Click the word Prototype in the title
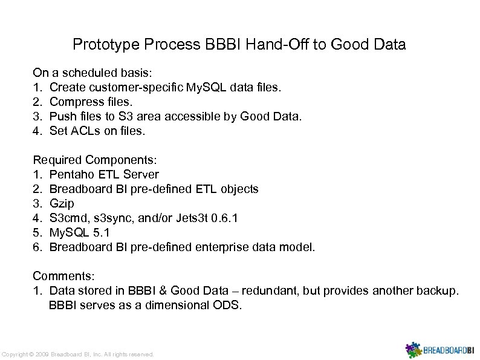pyautogui.click(x=100, y=45)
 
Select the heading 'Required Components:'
pyautogui.click(x=95, y=160)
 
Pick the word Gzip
pyautogui.click(x=62, y=204)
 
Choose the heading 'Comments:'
pyautogui.click(x=63, y=277)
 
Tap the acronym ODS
pyautogui.click(x=227, y=306)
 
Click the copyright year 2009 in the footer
pyautogui.click(x=42, y=354)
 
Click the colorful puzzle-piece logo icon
pyautogui.click(x=414, y=350)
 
